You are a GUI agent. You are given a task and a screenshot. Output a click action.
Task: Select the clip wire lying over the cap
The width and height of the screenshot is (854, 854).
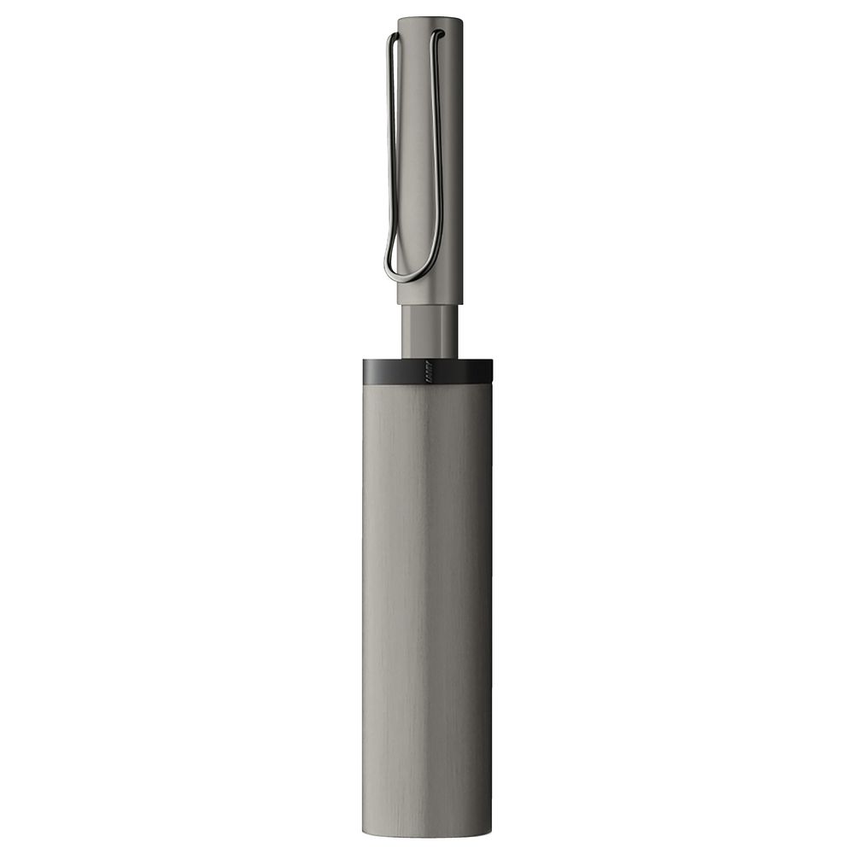pos(439,154)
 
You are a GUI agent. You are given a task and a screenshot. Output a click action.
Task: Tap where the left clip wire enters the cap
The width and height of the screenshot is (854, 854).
pos(393,36)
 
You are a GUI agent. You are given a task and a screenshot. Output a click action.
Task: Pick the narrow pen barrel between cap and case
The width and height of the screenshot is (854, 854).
pos(430,331)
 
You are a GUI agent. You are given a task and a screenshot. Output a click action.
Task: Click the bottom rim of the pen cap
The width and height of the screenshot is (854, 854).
pos(430,303)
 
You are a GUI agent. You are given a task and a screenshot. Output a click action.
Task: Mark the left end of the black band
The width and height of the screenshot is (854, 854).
pos(366,371)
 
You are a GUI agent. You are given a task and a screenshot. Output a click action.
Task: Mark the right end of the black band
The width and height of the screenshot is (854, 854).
pos(490,371)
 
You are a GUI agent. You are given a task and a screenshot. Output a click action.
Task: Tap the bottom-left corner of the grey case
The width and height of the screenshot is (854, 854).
pos(366,833)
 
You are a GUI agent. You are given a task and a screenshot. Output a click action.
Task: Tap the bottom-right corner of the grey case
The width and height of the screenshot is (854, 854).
pos(490,833)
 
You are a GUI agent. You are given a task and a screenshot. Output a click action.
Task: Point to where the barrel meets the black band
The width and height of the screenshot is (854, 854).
pos(430,358)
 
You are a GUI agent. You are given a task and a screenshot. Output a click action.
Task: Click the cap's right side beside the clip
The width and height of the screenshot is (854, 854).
pos(453,171)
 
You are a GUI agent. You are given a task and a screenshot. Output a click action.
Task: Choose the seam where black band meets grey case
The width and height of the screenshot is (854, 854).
pos(427,383)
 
